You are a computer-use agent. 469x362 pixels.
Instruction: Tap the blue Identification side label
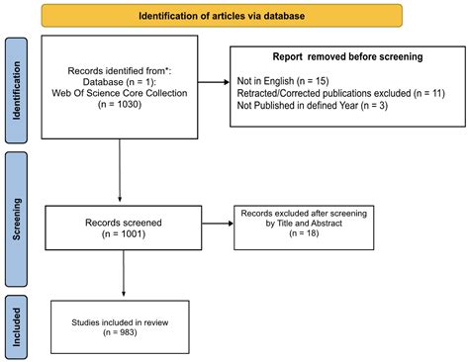(16, 90)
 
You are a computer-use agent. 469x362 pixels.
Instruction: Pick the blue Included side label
(16, 323)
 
